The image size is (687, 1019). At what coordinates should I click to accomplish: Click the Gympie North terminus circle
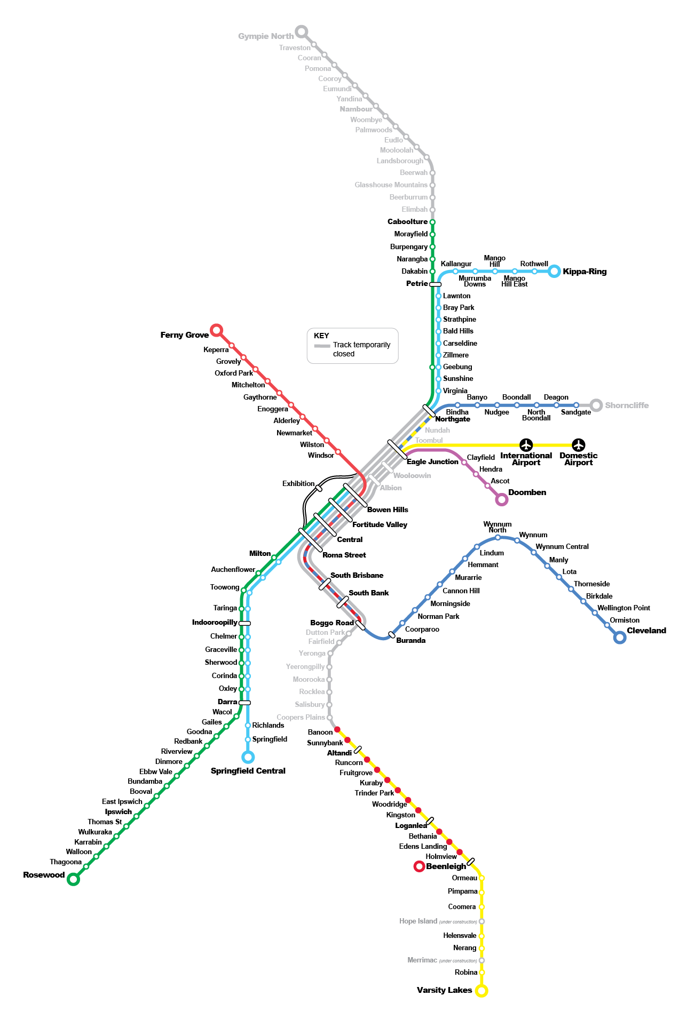pyautogui.click(x=302, y=31)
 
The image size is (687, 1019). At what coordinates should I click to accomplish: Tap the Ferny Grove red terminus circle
pyautogui.click(x=216, y=330)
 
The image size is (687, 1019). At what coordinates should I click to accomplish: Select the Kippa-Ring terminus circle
pyautogui.click(x=555, y=271)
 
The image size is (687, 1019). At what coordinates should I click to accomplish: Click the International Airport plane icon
pyautogui.click(x=526, y=444)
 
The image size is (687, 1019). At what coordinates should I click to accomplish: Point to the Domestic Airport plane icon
pyautogui.click(x=579, y=444)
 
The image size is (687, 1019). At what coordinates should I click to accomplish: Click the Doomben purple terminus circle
pyautogui.click(x=501, y=499)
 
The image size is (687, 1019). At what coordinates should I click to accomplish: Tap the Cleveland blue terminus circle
pyautogui.click(x=620, y=638)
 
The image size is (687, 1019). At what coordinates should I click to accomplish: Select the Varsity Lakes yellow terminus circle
pyautogui.click(x=481, y=991)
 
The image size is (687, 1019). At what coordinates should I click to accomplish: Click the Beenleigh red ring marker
pyautogui.click(x=420, y=866)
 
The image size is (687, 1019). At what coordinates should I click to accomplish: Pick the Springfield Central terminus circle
pyautogui.click(x=248, y=757)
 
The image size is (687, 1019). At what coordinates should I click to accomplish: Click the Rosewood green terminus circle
pyautogui.click(x=74, y=879)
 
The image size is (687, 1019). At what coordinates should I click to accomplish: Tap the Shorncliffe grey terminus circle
pyautogui.click(x=596, y=405)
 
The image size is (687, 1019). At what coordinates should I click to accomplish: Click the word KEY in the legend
pyautogui.click(x=321, y=336)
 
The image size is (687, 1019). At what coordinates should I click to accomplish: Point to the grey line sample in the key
pyautogui.click(x=322, y=346)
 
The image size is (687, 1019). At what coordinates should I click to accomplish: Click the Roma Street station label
pyautogui.click(x=344, y=555)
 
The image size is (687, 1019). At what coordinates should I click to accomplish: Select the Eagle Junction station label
pyautogui.click(x=432, y=461)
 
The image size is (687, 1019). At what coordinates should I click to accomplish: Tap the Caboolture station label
pyautogui.click(x=407, y=221)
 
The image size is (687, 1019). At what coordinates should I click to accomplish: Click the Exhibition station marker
pyautogui.click(x=319, y=488)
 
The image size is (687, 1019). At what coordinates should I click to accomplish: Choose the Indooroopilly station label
pyautogui.click(x=215, y=623)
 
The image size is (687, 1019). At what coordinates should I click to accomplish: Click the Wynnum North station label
pyautogui.click(x=497, y=527)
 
